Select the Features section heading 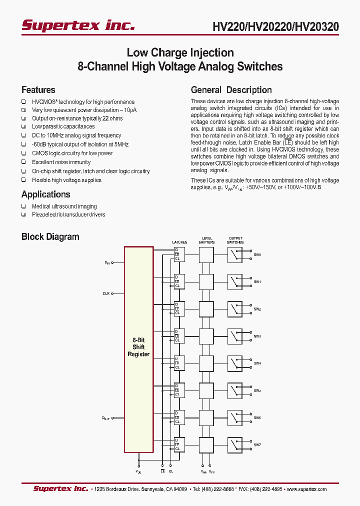tap(38, 90)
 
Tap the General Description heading tap(231, 90)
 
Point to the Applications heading tap(46, 194)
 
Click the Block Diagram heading tap(50, 237)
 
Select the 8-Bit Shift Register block tap(138, 347)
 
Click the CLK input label tap(106, 293)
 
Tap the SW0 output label tap(257, 255)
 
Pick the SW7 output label tap(257, 444)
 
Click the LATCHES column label tap(179, 242)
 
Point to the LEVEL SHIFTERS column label tap(207, 240)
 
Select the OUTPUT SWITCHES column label tap(235, 240)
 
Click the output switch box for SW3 tap(235, 336)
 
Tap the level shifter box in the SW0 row tap(207, 255)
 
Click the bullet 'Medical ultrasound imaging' tap(64, 206)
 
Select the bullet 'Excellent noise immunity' tap(61, 162)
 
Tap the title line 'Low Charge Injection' tap(180, 52)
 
